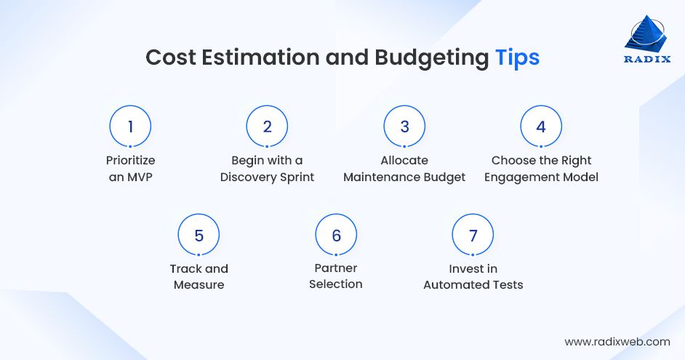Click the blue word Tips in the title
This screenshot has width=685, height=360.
517,58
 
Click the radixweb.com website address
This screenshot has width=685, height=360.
617,341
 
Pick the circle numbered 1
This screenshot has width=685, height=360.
130,127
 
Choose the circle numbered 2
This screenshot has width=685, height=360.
267,127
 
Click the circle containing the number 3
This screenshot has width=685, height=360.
404,127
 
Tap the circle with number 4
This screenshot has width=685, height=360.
541,127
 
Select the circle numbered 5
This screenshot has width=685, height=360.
199,236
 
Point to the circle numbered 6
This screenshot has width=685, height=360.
336,236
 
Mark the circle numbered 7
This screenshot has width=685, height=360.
473,236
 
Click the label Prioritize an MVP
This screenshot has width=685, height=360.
130,169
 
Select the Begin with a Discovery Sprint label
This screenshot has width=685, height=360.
267,169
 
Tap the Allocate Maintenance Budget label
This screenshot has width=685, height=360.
404,169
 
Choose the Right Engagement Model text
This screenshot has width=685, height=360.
541,169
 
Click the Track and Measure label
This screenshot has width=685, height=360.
199,277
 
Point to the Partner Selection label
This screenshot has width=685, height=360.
336,277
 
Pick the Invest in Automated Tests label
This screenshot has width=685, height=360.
473,277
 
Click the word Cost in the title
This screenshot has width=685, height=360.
169,58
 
